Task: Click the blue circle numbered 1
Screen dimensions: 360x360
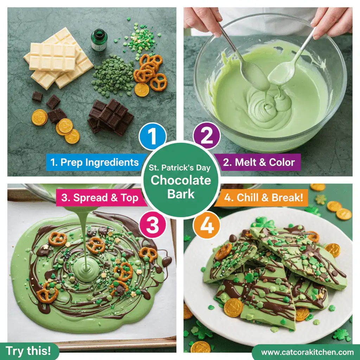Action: click(x=153, y=136)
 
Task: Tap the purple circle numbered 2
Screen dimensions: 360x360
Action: click(x=206, y=136)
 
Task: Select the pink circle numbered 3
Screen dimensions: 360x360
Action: click(x=153, y=225)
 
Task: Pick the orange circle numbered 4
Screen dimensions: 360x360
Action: click(x=206, y=225)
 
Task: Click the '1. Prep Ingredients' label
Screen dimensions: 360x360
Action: click(x=94, y=162)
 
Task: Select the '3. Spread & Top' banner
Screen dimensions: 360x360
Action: click(x=99, y=198)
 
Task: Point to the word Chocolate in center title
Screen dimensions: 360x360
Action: click(x=181, y=181)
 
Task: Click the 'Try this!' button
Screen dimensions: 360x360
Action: click(x=28, y=351)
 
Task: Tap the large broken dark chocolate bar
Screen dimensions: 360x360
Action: click(x=111, y=116)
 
